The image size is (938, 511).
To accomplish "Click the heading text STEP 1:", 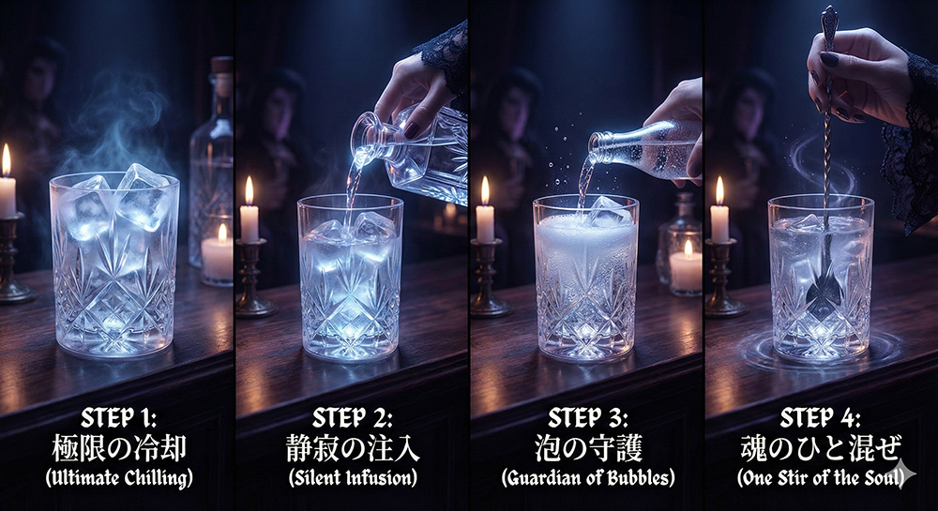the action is (118, 418).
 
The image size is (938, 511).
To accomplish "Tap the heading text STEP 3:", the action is (587, 418).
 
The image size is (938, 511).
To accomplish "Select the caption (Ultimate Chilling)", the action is (119, 478).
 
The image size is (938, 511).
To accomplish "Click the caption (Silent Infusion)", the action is (353, 478).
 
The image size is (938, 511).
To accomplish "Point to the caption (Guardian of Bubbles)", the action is (588, 478).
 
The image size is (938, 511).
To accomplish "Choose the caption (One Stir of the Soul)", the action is (820, 478).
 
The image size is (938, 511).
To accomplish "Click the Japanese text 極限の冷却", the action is (119, 449).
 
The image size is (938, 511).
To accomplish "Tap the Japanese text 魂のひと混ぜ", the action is (821, 449).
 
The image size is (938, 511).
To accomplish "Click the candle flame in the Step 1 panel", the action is (6, 159).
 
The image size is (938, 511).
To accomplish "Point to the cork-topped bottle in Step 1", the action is (211, 161).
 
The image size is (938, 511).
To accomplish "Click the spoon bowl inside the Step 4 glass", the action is (825, 286).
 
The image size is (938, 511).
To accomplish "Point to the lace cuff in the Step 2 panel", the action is (444, 57).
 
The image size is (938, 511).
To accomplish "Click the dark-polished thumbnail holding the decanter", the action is (413, 130).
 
